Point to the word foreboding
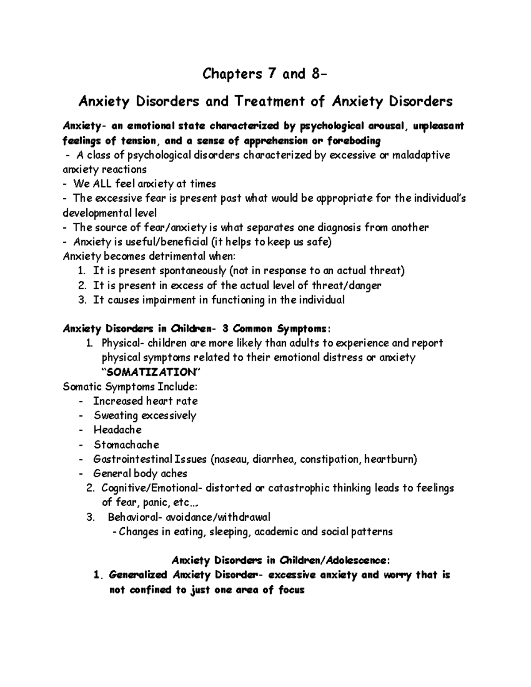point(354,141)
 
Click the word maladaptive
point(419,155)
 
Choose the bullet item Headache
point(117,430)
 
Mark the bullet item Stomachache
point(126,445)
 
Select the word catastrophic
point(299,488)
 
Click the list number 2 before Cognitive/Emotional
point(91,488)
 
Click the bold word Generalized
point(138,575)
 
